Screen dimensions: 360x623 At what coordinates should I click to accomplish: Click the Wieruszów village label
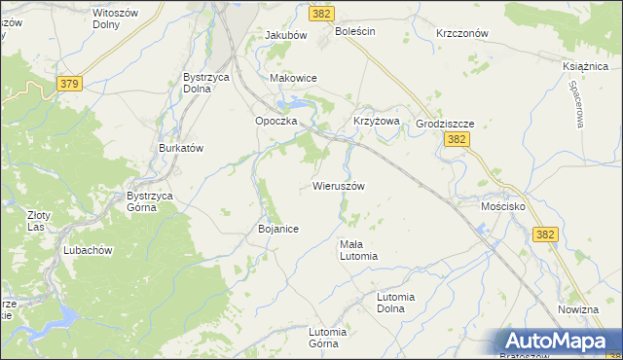pos(339,186)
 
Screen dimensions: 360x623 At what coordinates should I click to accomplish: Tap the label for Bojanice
pos(277,229)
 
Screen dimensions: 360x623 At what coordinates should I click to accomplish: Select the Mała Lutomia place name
pos(357,250)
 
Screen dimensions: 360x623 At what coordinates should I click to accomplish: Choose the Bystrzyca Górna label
pos(150,201)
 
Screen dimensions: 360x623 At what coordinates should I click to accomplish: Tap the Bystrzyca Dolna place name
pos(206,83)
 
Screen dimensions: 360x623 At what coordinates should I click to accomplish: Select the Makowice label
pos(293,78)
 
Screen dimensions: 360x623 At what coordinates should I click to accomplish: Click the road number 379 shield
pos(68,84)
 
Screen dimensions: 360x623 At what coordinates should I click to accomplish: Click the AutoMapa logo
pos(557,342)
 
